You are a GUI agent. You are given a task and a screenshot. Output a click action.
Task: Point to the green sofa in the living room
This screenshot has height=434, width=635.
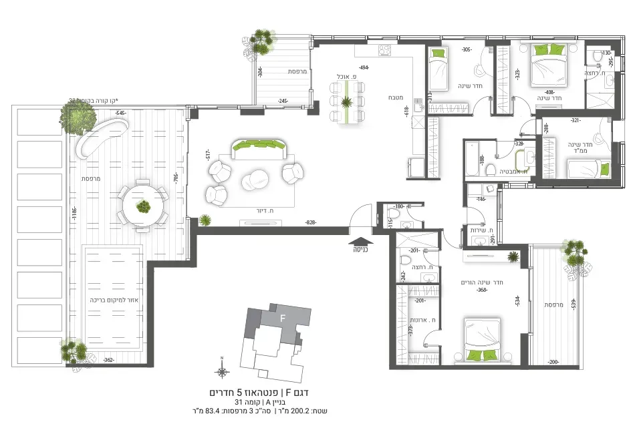coord(258,148)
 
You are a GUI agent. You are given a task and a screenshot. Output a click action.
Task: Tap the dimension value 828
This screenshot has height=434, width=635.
coord(310,222)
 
